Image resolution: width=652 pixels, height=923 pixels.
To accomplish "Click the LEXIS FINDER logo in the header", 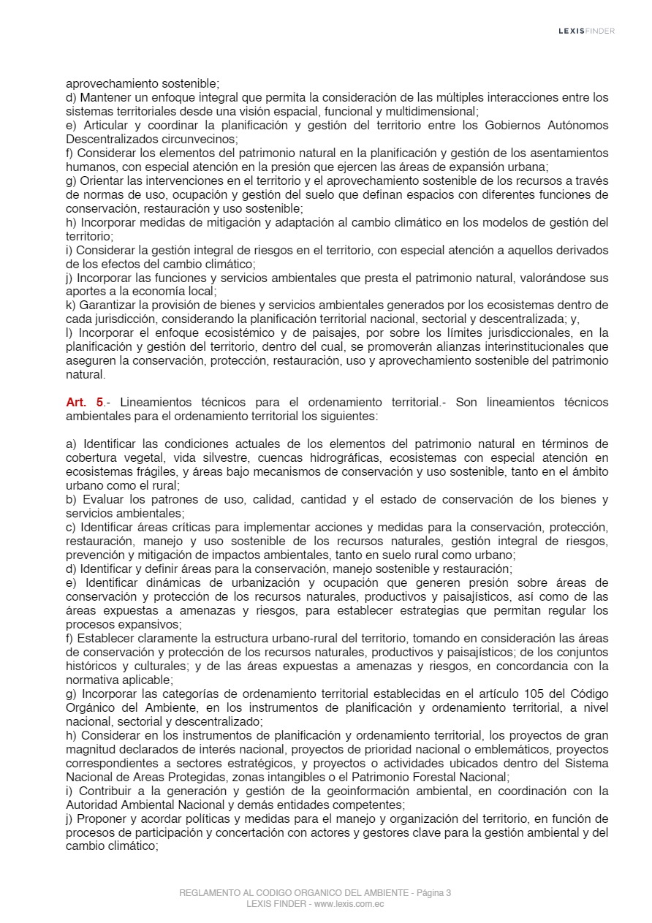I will pos(586,31).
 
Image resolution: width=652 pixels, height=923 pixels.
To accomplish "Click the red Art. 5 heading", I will pos(85,402).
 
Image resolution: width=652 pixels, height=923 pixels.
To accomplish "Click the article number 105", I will pos(534,694).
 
